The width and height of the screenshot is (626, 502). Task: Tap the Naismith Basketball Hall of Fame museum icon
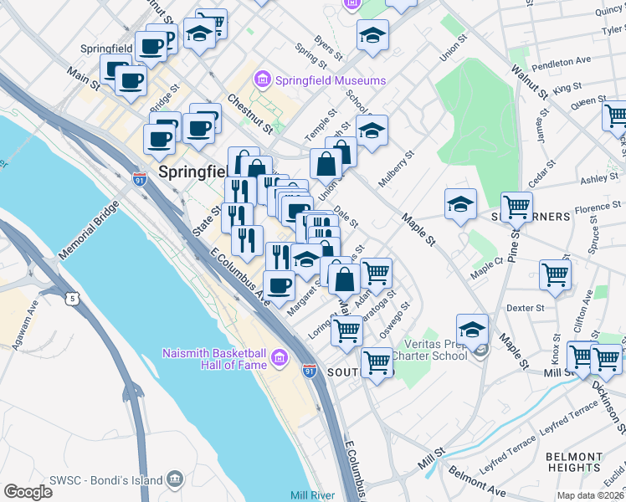coord(279,360)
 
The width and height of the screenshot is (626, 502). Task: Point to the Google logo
coord(28,492)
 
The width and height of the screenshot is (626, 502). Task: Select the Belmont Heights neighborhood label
coord(573,462)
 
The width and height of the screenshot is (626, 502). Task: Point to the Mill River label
coord(312,495)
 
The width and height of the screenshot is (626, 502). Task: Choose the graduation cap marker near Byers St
coord(372,35)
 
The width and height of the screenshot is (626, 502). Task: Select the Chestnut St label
coord(250,114)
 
